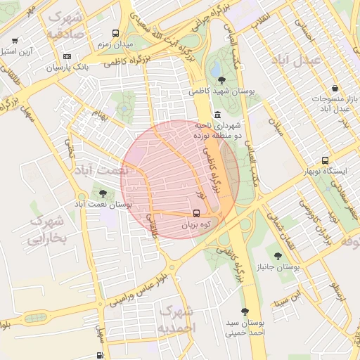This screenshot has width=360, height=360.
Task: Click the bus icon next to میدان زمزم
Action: [115, 33]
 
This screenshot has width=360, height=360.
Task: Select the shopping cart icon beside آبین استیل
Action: [15, 40]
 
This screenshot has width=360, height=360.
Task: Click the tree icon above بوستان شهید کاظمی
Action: [222, 79]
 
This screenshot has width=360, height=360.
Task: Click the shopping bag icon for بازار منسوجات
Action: [335, 89]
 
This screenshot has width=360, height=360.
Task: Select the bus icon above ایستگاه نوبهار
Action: [324, 160]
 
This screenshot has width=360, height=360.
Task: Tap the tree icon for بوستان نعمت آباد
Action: [103, 192]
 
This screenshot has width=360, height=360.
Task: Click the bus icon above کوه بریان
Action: [196, 213]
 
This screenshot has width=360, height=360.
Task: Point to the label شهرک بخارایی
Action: [46, 231]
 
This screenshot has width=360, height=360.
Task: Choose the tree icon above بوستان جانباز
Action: [279, 256]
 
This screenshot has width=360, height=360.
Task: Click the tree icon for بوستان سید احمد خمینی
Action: [245, 311]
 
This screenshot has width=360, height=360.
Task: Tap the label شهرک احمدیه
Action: [176, 319]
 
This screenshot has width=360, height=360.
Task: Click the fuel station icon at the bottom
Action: [101, 356]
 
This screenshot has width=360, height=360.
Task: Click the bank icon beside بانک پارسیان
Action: [67, 56]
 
